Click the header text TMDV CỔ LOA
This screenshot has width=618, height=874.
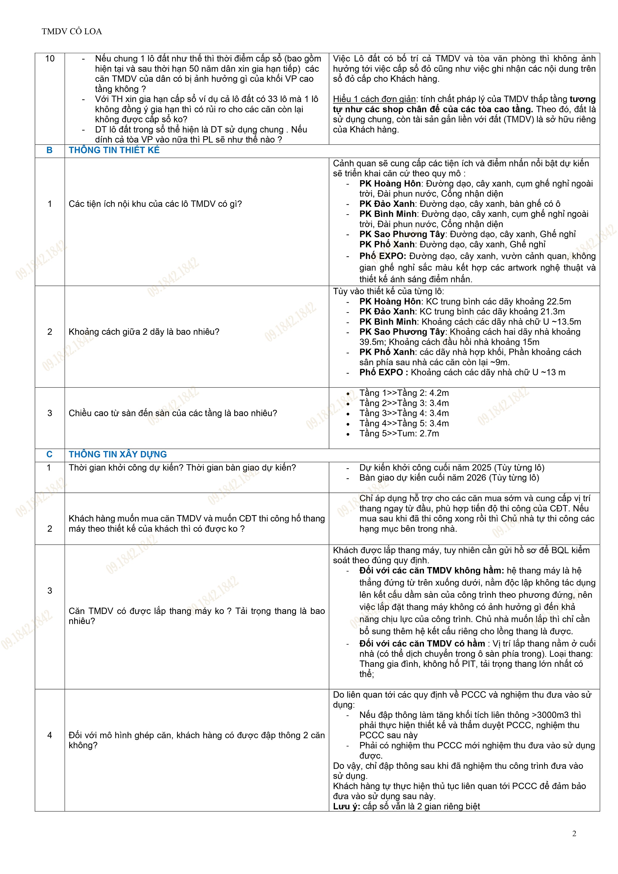coord(72,32)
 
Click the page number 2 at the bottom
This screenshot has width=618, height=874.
coord(574,833)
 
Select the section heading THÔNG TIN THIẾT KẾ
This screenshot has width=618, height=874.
coord(114,150)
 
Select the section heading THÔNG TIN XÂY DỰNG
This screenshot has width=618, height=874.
coord(118,454)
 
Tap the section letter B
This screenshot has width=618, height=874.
coord(49,150)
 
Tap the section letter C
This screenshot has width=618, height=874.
coord(49,454)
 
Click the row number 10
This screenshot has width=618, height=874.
coord(49,59)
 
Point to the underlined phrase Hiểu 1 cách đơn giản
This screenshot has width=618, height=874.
coord(374,99)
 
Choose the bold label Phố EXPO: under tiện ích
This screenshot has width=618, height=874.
coord(383,256)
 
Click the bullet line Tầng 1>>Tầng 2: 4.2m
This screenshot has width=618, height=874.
coord(404,393)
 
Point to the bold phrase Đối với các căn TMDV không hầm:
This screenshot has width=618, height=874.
coord(432,571)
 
